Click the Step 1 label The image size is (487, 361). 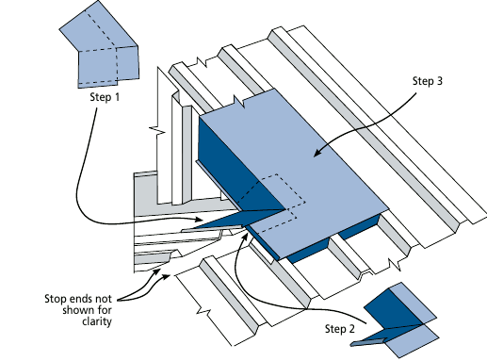pyautogui.click(x=105, y=97)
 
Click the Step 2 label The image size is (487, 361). pyautogui.click(x=340, y=329)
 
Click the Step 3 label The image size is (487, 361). pyautogui.click(x=428, y=81)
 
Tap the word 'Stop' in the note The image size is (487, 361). pyautogui.click(x=54, y=298)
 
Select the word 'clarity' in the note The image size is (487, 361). pyautogui.click(x=97, y=321)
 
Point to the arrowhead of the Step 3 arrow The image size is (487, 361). pyautogui.click(x=317, y=153)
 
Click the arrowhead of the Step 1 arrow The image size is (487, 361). pyautogui.click(x=199, y=220)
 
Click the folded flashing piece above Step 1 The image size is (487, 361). pyautogui.click(x=99, y=45)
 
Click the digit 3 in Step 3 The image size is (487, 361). pyautogui.click(x=439, y=81)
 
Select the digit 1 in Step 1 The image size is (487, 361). pyautogui.click(x=117, y=97)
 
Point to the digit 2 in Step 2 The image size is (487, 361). pyautogui.click(x=351, y=329)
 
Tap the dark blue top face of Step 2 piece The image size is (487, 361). pyautogui.click(x=393, y=309)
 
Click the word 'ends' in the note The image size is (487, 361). pyautogui.click(x=76, y=298)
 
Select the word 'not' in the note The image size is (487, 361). pyautogui.click(x=101, y=298)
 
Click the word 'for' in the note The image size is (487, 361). pyautogui.click(x=104, y=310)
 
